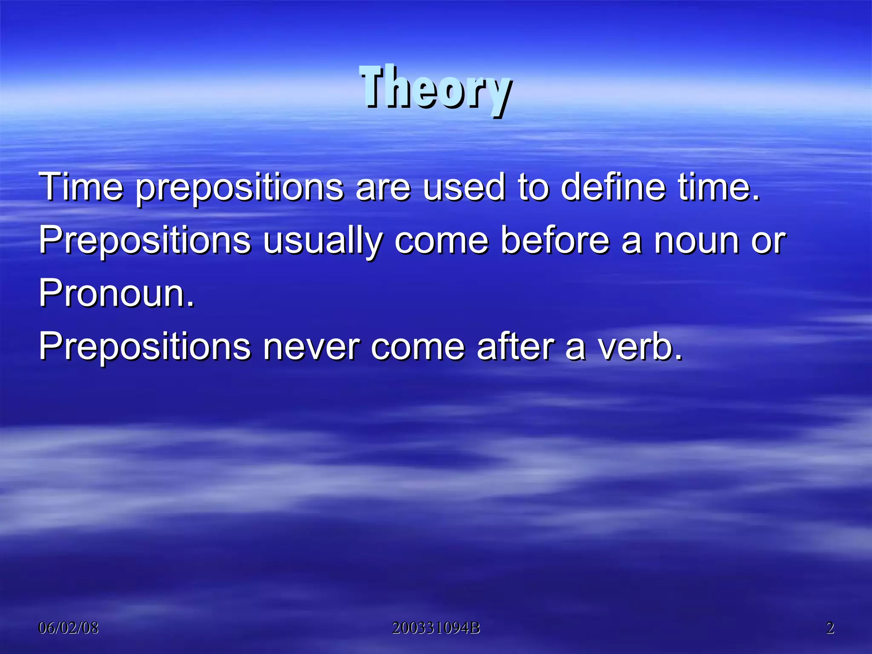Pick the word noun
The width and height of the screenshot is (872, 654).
pyautogui.click(x=696, y=241)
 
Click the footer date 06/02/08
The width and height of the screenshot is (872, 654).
pyautogui.click(x=69, y=628)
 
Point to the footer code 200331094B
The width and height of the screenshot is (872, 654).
pyautogui.click(x=436, y=628)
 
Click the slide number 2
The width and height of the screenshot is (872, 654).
pyautogui.click(x=830, y=628)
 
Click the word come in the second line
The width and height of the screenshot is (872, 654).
pyautogui.click(x=441, y=241)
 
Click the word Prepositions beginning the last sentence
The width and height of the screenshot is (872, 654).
pyautogui.click(x=145, y=347)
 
